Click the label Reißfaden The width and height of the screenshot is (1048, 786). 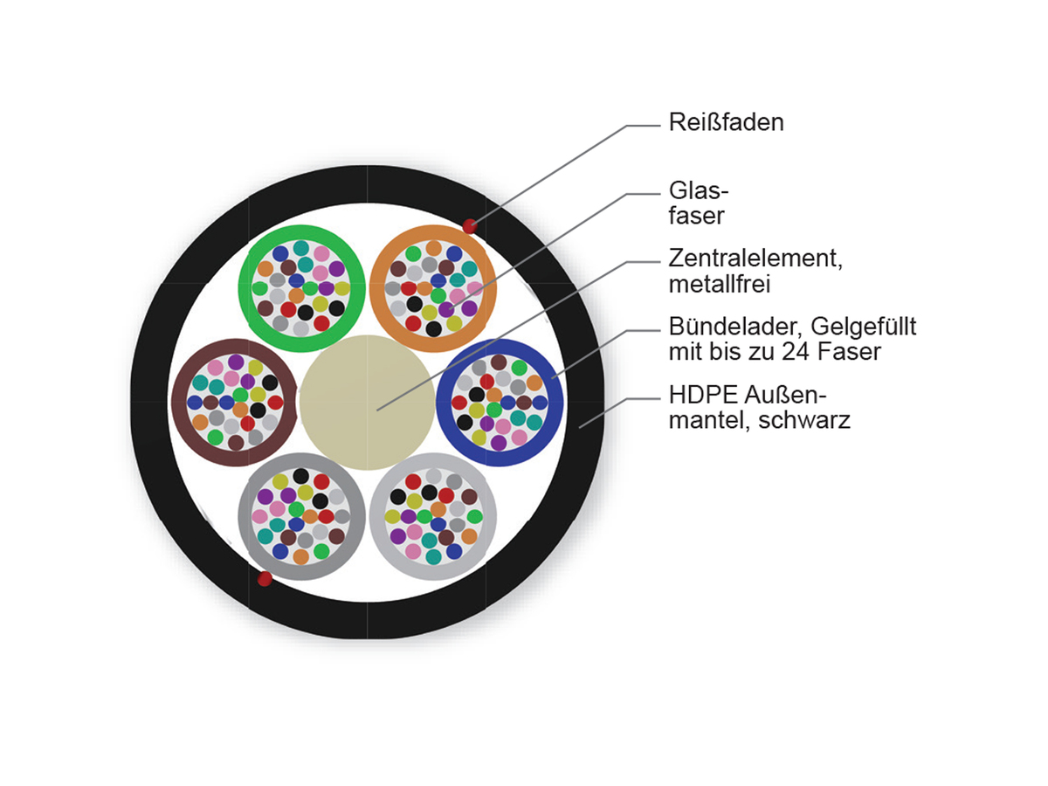(726, 122)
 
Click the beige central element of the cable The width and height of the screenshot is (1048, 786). (367, 402)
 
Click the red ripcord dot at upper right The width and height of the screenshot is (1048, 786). (470, 226)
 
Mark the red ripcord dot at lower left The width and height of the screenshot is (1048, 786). (265, 578)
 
